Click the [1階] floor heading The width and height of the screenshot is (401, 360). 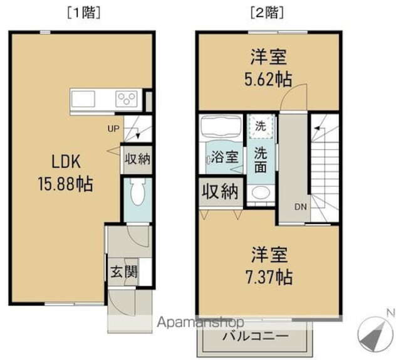pyautogui.click(x=83, y=11)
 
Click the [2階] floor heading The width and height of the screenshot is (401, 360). pyautogui.click(x=267, y=11)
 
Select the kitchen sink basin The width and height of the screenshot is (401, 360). pyautogui.click(x=83, y=99)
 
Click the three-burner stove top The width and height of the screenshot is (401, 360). pyautogui.click(x=127, y=99)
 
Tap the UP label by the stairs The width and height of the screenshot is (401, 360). pyautogui.click(x=113, y=130)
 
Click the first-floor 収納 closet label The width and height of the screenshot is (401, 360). pyautogui.click(x=137, y=159)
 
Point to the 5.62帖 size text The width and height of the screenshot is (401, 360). pyautogui.click(x=268, y=78)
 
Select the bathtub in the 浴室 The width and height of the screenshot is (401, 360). pyautogui.click(x=220, y=129)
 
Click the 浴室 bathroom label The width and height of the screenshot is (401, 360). pyautogui.click(x=224, y=157)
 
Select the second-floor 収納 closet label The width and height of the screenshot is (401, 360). pyautogui.click(x=220, y=193)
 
